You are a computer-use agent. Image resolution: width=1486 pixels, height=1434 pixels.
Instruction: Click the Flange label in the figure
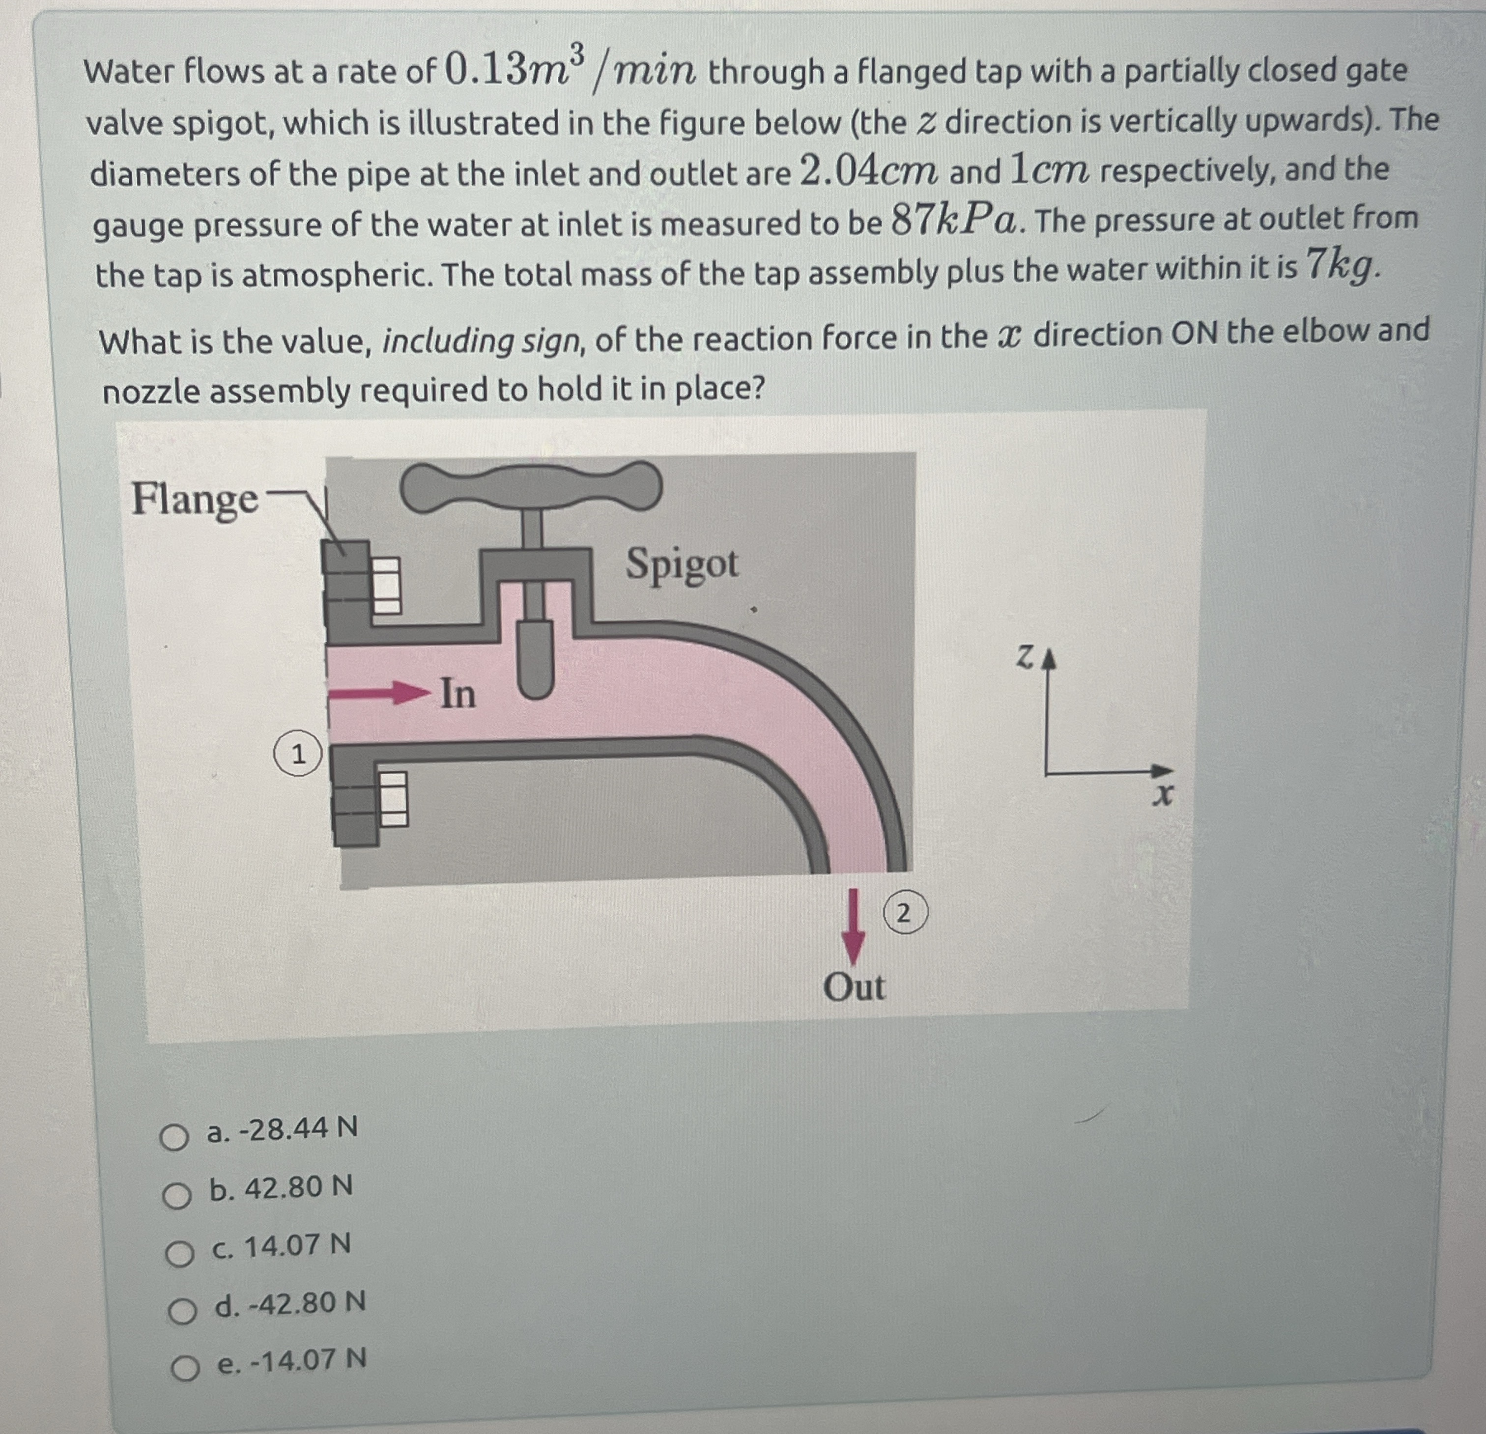coord(195,500)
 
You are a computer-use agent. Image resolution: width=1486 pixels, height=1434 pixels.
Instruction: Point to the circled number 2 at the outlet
coord(904,913)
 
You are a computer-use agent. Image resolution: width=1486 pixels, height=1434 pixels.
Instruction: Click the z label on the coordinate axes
coord(1024,657)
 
